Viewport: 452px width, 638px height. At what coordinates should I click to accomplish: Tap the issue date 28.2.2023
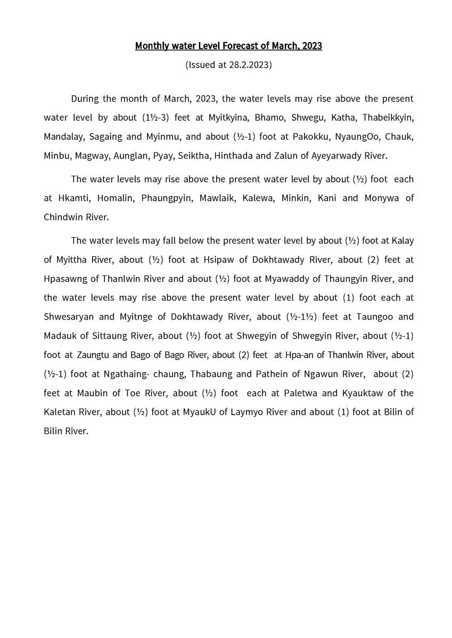(248, 65)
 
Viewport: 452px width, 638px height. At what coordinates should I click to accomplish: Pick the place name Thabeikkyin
(388, 117)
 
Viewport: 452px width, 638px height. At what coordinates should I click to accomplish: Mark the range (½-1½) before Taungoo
(302, 317)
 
